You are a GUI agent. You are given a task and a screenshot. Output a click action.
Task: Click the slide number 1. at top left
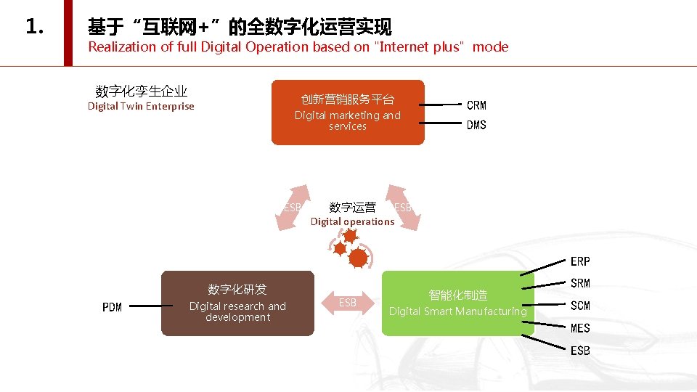coord(35,28)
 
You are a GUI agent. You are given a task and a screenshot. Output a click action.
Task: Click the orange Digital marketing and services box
coord(347,113)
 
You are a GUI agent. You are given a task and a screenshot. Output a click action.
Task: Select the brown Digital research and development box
coord(237,303)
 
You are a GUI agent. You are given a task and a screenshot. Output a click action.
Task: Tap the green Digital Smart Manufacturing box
coord(457,303)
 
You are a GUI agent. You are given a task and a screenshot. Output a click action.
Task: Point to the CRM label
coord(476,105)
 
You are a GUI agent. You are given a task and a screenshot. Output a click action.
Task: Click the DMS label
coord(476,125)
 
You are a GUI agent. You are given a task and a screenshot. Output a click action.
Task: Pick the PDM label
coord(113,307)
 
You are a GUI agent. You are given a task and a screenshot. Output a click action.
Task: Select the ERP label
coord(580,261)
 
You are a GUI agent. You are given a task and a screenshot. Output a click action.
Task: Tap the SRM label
coord(580,283)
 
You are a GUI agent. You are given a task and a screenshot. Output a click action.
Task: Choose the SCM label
coord(580,306)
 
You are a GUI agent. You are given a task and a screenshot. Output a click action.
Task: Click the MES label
coord(580,328)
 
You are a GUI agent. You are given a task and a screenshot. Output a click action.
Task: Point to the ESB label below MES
coord(580,351)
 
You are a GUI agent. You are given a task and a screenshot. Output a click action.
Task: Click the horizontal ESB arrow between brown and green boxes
coord(348,303)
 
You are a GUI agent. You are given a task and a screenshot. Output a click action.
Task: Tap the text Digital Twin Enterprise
coord(141,107)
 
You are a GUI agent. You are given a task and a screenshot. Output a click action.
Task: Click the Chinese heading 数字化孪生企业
coord(141,91)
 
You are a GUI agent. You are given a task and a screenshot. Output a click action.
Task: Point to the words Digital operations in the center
coord(352,221)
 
